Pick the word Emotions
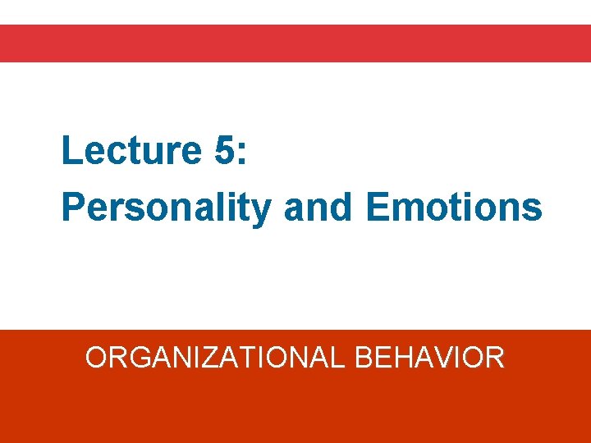454,208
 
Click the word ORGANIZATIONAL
216,358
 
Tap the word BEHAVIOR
430,358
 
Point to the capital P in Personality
72,208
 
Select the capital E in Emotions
377,208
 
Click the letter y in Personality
260,212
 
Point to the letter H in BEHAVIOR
402,358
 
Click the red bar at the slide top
295,43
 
